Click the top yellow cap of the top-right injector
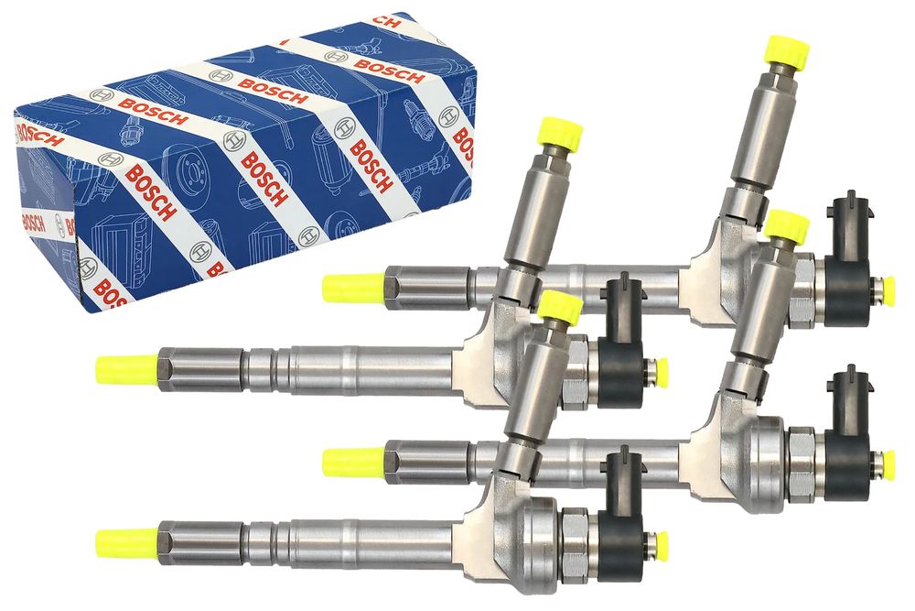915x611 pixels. pyautogui.click(x=787, y=50)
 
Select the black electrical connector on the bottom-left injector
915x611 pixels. pyautogui.click(x=622, y=514)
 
